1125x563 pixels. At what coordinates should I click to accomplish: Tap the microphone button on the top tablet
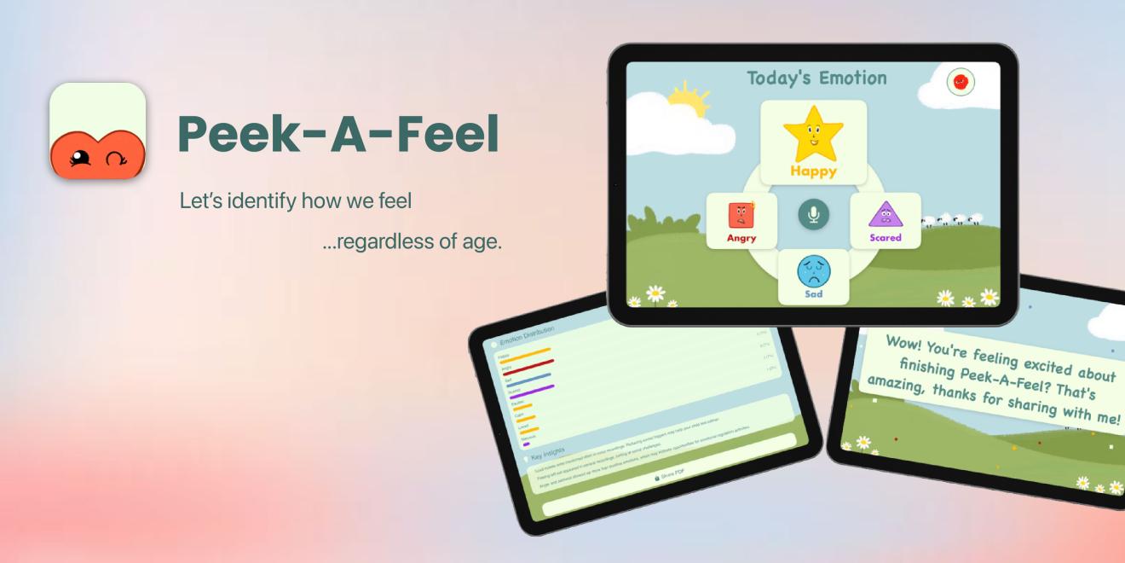tap(813, 213)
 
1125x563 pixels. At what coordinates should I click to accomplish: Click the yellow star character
tap(813, 134)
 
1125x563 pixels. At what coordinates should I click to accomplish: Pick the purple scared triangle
tap(886, 214)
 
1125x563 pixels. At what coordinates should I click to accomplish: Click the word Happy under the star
tap(813, 171)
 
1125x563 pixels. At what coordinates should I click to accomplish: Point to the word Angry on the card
tap(741, 238)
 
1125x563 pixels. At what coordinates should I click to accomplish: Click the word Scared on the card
tap(886, 238)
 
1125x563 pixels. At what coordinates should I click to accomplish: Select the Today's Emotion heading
tap(816, 78)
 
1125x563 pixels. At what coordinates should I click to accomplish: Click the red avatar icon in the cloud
tap(961, 82)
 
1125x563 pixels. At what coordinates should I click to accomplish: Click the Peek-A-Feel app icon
tap(97, 131)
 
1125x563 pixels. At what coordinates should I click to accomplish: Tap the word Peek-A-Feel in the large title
tap(337, 134)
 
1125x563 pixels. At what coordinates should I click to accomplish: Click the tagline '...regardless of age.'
tap(412, 241)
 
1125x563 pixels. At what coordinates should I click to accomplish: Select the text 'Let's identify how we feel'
tap(296, 201)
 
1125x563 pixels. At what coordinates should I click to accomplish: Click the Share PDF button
tap(670, 474)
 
